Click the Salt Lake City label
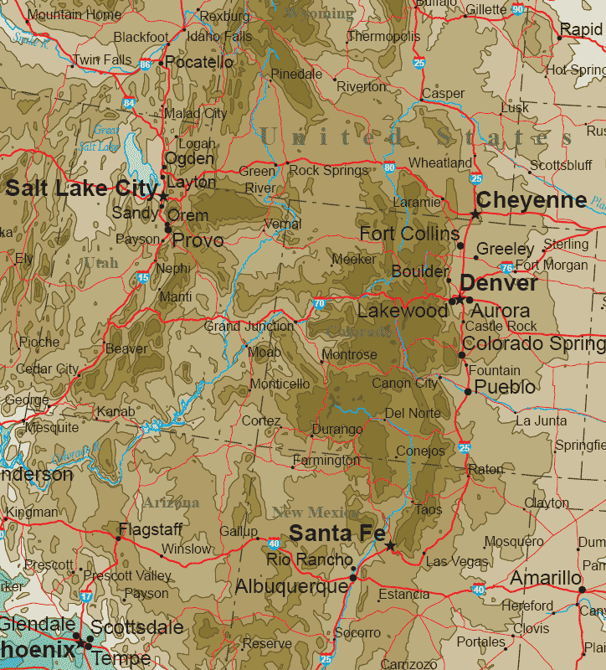click(80, 188)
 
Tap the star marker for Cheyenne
click(475, 215)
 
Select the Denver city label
click(499, 283)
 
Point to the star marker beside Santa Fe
click(390, 546)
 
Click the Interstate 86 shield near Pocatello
click(146, 64)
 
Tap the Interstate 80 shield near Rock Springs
click(389, 167)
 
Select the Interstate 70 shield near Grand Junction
click(319, 303)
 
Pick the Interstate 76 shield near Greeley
click(506, 268)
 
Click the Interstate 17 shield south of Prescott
click(87, 596)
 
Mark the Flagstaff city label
click(151, 529)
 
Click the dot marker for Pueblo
click(467, 390)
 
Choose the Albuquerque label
click(291, 587)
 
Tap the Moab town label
click(264, 353)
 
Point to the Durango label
click(336, 430)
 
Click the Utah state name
click(100, 263)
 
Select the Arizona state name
click(171, 502)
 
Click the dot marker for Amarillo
click(583, 590)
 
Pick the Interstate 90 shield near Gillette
click(517, 9)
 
